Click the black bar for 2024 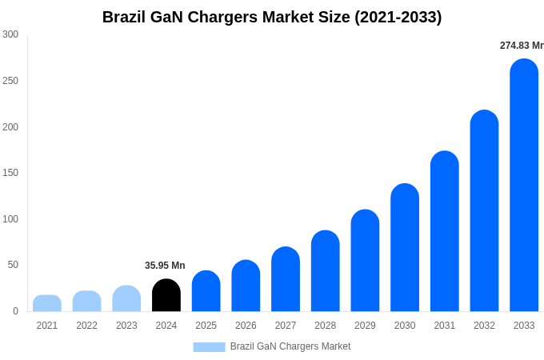166,295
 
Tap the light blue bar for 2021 47,303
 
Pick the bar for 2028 326,271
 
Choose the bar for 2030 405,248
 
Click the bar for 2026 246,286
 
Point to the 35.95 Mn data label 165,266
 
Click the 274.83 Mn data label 521,46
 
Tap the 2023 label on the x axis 126,326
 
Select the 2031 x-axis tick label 445,326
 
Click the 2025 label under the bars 206,326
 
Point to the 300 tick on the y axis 10,34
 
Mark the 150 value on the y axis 10,173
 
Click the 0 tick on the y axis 15,311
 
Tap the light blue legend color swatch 209,346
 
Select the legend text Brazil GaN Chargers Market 290,346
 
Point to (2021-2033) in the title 398,17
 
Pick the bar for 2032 484,211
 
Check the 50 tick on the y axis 13,265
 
